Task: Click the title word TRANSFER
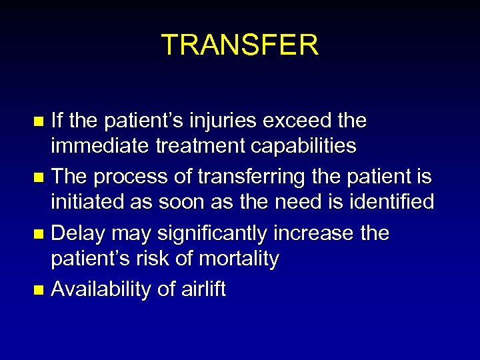pos(240,45)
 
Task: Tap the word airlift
pos(203,289)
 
